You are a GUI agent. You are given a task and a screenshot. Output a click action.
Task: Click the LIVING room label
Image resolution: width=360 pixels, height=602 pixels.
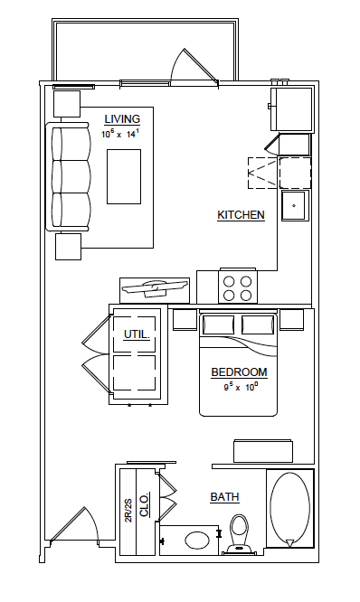(x=122, y=118)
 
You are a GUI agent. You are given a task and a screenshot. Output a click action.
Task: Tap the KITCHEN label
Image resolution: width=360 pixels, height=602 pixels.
(x=241, y=215)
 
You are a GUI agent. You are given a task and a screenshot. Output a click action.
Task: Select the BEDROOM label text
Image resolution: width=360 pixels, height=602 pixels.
(x=239, y=372)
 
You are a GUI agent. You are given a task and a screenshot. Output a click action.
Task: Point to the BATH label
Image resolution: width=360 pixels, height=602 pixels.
(x=224, y=497)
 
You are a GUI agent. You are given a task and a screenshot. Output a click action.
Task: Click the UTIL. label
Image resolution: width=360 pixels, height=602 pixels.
(x=136, y=335)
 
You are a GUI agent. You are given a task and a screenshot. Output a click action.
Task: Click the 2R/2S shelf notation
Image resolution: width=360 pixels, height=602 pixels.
(x=128, y=511)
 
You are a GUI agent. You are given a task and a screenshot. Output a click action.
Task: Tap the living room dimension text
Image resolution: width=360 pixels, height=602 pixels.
(x=121, y=134)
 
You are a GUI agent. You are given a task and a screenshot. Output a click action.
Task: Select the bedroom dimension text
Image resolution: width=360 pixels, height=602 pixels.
(x=241, y=387)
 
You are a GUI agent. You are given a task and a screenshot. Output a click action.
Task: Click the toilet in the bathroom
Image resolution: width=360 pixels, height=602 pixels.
(x=239, y=532)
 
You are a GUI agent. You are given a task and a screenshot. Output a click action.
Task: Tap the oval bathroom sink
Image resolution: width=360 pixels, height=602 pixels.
(x=199, y=541)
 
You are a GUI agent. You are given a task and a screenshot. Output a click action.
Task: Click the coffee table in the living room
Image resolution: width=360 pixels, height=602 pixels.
(x=124, y=176)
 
